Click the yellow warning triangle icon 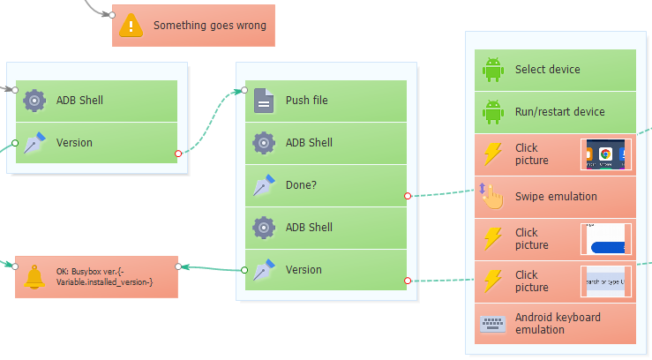pos(131,26)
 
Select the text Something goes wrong pos(210,26)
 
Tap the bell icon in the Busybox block pos(35,276)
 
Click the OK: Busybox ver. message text pos(104,276)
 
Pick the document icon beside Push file pos(264,101)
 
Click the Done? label pos(302,185)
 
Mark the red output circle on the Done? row pos(408,195)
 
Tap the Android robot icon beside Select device pos(492,70)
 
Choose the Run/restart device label pos(559,112)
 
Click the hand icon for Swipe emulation pos(492,197)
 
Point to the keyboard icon pos(492,324)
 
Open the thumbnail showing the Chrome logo pos(605,154)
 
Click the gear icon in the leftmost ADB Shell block pos(34,101)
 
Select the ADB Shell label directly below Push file pos(309,143)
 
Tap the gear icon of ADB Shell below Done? pos(264,228)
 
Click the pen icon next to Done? pos(264,185)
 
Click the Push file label pos(306,101)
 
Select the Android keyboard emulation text pos(558,324)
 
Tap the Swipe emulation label pos(556,197)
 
